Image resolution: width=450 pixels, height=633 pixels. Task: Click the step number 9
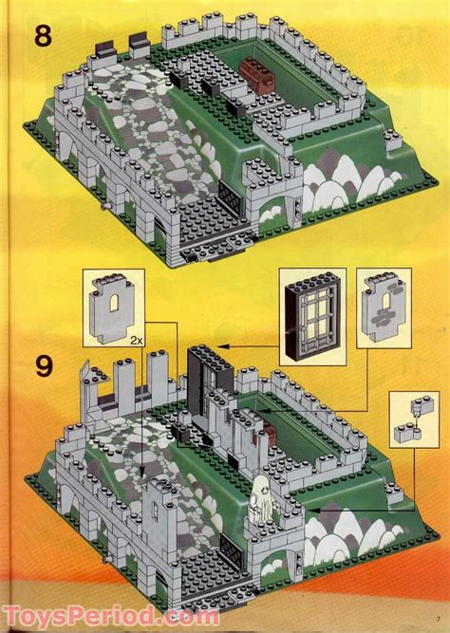tap(44, 366)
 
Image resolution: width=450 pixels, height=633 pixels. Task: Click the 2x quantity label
tap(137, 341)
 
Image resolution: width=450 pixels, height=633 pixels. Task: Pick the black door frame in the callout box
tap(312, 317)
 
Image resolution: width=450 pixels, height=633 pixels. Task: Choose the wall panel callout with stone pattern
tap(384, 308)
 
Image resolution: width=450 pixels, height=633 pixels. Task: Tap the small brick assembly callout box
tap(415, 419)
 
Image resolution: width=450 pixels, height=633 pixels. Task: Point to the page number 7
tap(438, 619)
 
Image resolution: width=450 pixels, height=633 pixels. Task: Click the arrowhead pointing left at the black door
tap(224, 346)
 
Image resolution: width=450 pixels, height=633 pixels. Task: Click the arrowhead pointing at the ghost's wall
tap(314, 510)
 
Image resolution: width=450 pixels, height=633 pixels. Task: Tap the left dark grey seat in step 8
tap(104, 48)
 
